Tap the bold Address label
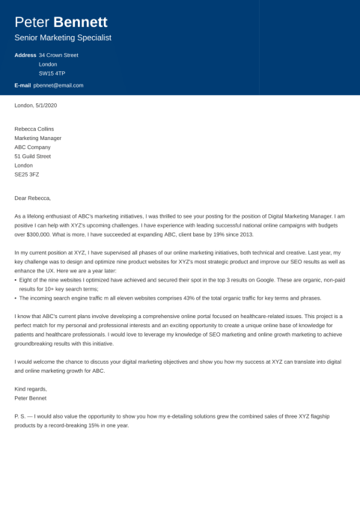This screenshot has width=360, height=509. click(x=25, y=55)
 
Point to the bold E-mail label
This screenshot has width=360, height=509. click(x=22, y=85)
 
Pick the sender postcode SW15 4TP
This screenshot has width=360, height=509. click(x=52, y=73)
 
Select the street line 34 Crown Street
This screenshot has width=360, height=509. click(x=58, y=55)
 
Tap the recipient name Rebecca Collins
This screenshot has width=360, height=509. click(x=36, y=129)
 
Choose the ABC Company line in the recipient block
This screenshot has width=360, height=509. click(x=33, y=147)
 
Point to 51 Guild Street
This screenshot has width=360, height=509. click(x=33, y=156)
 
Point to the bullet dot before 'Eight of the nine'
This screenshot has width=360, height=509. click(x=16, y=279)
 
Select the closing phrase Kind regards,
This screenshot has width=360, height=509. click(x=31, y=388)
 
